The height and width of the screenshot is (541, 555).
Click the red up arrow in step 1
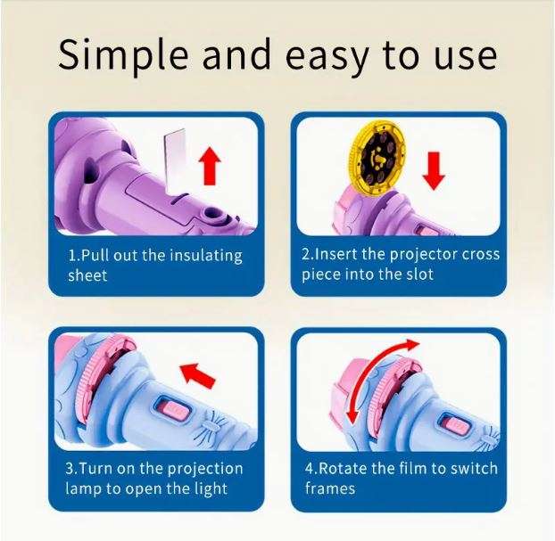pos(210,167)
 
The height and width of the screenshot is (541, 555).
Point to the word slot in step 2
pos(417,275)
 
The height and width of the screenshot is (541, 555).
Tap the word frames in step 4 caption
pos(330,488)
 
